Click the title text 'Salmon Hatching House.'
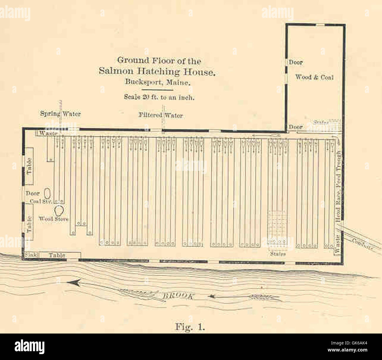click(x=157, y=71)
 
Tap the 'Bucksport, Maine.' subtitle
click(x=158, y=82)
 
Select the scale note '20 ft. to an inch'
click(x=159, y=97)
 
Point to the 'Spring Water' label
click(x=60, y=114)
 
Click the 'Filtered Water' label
click(x=160, y=115)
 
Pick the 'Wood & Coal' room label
click(x=314, y=77)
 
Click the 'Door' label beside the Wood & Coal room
click(x=296, y=62)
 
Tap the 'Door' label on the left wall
click(x=32, y=194)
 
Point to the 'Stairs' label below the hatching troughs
click(x=277, y=254)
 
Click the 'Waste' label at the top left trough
click(x=48, y=133)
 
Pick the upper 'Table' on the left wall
click(x=29, y=166)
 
